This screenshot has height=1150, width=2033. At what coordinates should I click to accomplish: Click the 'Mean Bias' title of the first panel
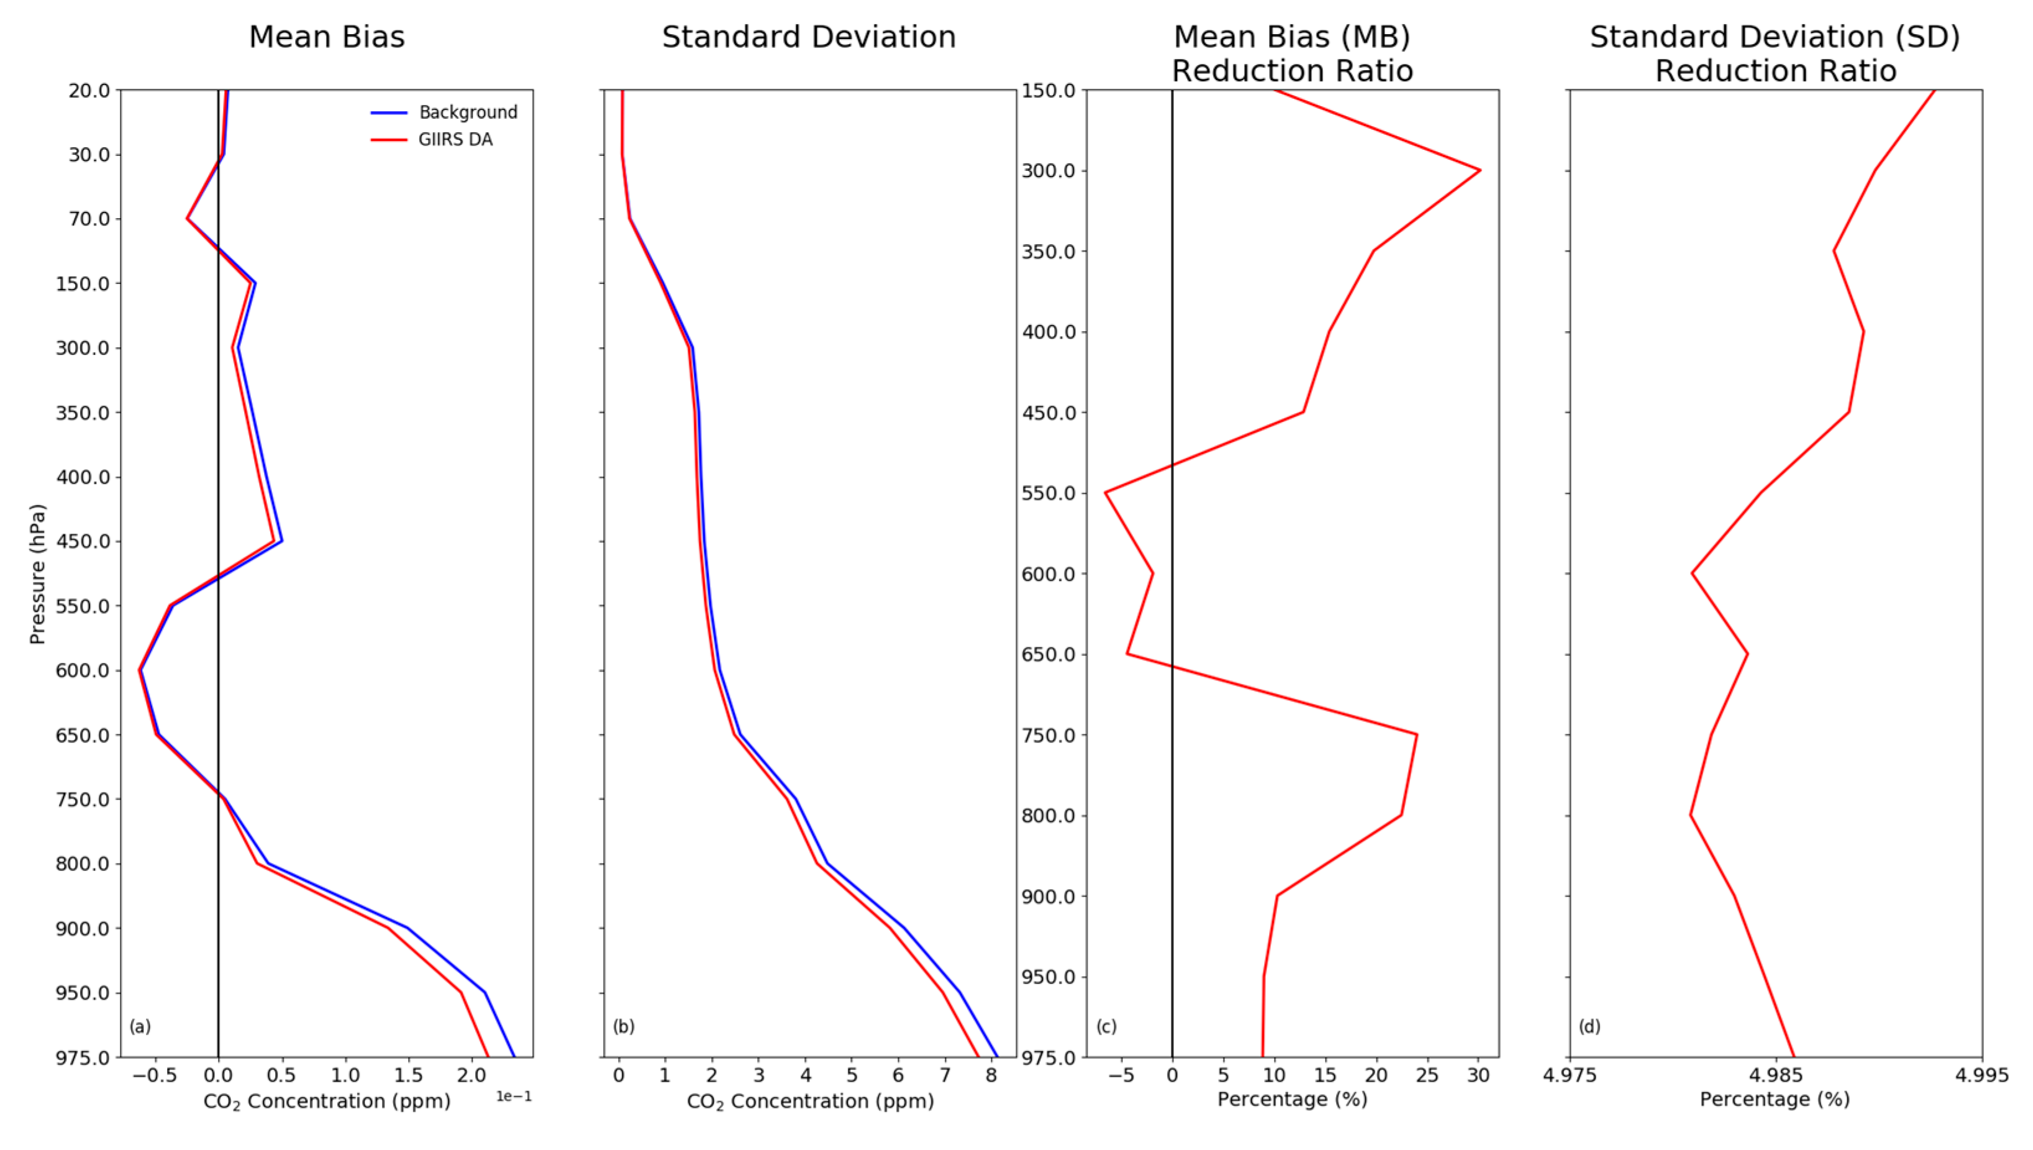[326, 37]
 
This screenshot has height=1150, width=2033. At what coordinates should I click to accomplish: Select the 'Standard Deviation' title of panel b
[809, 37]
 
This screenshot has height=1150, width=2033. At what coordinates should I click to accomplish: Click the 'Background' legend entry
[467, 112]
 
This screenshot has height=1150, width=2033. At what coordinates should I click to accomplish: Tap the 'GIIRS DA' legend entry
[455, 140]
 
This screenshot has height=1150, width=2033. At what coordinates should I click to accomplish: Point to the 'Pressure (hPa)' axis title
[37, 574]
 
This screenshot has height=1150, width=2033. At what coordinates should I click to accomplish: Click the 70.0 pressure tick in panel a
[89, 219]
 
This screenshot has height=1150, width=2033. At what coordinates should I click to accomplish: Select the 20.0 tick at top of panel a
[89, 91]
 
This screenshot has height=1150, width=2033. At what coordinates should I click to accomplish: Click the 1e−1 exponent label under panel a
[513, 1097]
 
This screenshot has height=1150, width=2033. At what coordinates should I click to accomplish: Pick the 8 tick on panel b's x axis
[991, 1075]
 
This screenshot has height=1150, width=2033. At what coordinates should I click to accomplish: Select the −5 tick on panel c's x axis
[1121, 1075]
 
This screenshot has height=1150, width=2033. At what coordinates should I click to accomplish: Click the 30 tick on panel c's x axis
[1478, 1075]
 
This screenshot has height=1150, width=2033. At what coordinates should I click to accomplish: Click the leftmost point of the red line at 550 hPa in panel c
[1105, 493]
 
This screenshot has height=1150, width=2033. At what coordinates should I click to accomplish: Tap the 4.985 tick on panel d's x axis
[1776, 1075]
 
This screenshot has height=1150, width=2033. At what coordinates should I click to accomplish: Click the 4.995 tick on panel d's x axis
[1981, 1075]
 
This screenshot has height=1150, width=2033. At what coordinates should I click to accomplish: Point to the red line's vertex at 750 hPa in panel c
[1416, 734]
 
